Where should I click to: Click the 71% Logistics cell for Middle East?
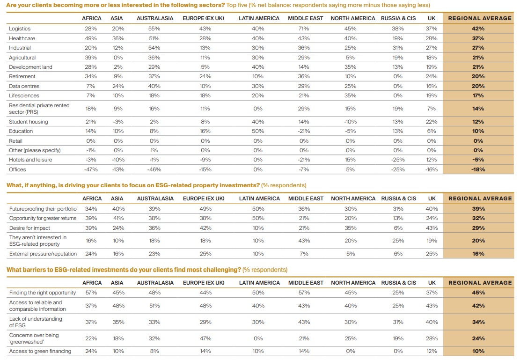[304, 29]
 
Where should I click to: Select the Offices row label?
[17, 169]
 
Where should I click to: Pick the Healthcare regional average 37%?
[478, 38]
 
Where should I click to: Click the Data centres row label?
[24, 86]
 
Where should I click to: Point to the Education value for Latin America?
[258, 131]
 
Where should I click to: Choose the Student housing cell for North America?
[350, 122]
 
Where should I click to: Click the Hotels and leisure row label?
[30, 160]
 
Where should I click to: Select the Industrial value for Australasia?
[154, 48]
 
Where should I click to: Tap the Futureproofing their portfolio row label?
[43, 209]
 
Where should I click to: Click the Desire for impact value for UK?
[432, 228]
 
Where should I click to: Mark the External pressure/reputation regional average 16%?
[478, 253]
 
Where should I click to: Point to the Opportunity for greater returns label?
[43, 218]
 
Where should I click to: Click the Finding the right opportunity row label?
[43, 293]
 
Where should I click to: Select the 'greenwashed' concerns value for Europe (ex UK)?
[205, 338]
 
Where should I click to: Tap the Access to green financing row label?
[40, 351]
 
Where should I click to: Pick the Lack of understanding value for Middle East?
[304, 322]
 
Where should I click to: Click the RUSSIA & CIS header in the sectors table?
[398, 18]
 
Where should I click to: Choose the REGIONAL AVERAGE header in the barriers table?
[480, 283]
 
